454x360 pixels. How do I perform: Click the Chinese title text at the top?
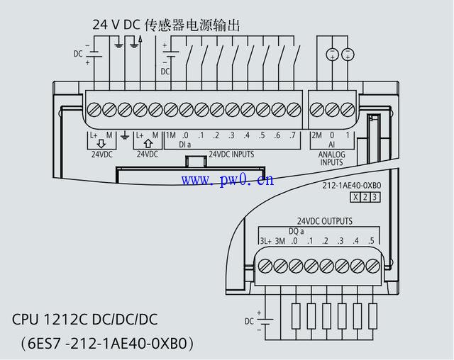(166, 25)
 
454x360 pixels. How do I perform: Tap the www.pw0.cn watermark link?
(226, 180)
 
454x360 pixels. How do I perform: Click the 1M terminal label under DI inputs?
(170, 135)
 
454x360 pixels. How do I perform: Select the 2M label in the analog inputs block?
(316, 135)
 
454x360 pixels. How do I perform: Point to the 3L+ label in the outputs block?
(265, 241)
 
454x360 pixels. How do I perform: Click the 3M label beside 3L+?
(280, 241)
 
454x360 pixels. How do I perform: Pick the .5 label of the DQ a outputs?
(370, 241)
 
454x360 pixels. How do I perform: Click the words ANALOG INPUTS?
(331, 157)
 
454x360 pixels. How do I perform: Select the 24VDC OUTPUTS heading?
(324, 221)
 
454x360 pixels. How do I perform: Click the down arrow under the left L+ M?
(101, 144)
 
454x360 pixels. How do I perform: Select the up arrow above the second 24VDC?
(148, 144)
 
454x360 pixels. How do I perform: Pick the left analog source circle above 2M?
(331, 55)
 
